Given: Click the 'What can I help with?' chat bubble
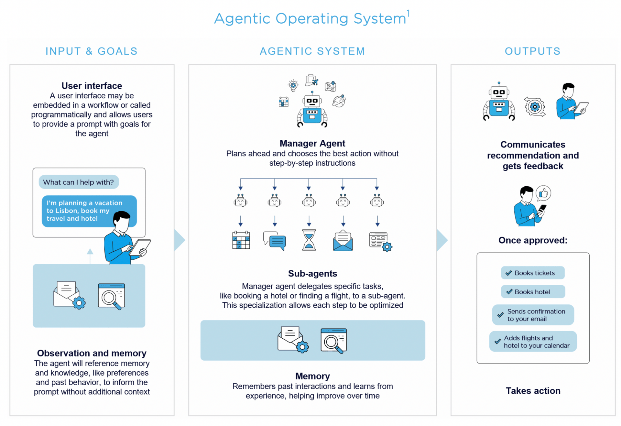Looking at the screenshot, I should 79,182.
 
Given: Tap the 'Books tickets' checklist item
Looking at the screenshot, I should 532,273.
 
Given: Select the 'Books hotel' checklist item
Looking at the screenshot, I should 533,292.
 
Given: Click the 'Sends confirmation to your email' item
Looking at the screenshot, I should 533,315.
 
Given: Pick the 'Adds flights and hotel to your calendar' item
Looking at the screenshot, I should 533,342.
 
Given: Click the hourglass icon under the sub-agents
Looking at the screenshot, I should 309,240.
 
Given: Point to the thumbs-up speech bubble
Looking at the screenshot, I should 543,193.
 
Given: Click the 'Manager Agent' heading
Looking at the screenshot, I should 312,143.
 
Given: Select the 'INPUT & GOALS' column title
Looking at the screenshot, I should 92,51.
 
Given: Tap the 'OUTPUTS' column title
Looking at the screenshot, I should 532,51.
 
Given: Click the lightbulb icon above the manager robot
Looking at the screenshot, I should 293,85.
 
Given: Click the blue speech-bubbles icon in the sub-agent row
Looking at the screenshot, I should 275,241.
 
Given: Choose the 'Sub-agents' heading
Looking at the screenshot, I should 312,274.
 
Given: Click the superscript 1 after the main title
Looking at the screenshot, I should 408,13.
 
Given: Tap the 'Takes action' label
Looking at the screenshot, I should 533,391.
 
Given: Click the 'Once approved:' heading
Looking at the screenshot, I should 533,240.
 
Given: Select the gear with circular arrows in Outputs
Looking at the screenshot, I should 535,106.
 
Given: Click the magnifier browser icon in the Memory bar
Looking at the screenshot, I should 333,341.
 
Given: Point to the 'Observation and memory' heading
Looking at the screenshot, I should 92,353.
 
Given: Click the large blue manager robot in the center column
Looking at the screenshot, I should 312,110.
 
